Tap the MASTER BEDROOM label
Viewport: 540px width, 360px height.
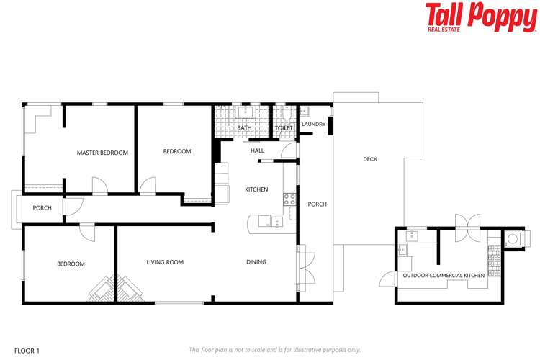[x=102, y=153]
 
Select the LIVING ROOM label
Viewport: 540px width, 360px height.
[x=165, y=262]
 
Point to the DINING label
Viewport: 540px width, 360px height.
[x=256, y=262]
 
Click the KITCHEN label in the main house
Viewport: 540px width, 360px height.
[x=256, y=189]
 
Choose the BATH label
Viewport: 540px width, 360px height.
[x=244, y=128]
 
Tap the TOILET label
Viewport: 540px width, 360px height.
[x=284, y=128]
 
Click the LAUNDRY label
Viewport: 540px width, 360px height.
[x=313, y=124]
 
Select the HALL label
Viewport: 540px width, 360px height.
[x=257, y=150]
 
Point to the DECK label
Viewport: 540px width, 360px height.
[x=370, y=159]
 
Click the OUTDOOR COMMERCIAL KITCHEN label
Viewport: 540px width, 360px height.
[x=443, y=276]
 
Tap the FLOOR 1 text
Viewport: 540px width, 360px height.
[x=27, y=350]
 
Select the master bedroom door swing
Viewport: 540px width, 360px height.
[x=100, y=186]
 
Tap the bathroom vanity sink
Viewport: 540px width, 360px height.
[x=246, y=112]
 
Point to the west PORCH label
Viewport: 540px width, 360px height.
[x=42, y=208]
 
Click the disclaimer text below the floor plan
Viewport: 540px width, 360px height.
[x=274, y=350]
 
